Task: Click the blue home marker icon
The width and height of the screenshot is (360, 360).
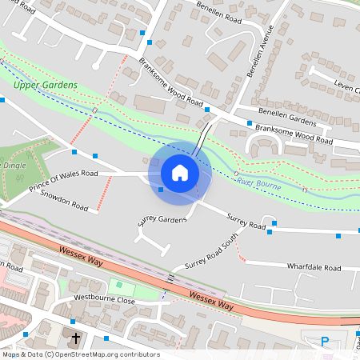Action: tap(180, 172)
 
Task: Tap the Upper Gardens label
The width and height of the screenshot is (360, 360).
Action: tap(46, 85)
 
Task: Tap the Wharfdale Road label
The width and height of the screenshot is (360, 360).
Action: tap(314, 268)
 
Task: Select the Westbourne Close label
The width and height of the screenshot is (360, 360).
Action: tap(104, 298)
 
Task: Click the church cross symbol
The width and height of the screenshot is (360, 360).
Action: tap(77, 338)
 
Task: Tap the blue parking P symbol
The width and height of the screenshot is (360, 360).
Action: tap(325, 342)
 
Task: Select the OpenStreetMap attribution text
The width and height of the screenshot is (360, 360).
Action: tap(81, 354)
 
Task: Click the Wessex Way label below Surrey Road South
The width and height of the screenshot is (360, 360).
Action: tap(211, 301)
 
